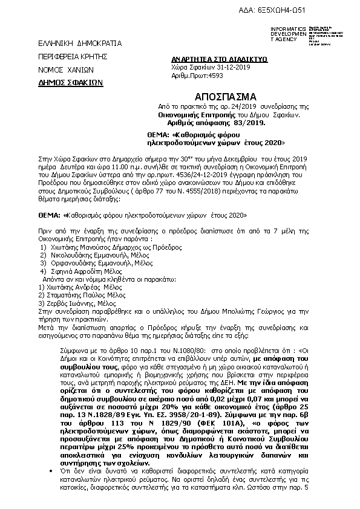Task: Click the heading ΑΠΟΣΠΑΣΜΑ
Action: pos(226,96)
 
